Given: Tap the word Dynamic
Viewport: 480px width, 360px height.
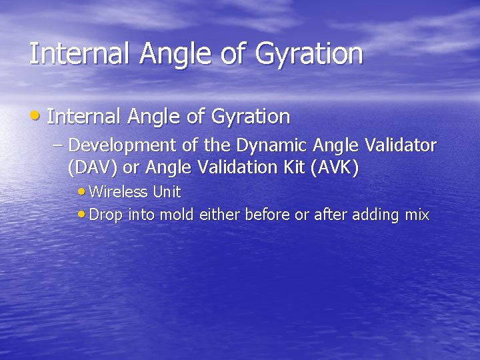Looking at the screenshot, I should (x=267, y=145).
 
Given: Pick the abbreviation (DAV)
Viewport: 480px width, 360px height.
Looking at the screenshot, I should (x=92, y=167).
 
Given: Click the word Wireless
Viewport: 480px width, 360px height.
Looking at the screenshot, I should (x=118, y=192).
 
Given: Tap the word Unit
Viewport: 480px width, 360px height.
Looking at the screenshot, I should (x=167, y=192).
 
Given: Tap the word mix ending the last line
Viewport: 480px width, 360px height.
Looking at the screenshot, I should (x=417, y=215).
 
